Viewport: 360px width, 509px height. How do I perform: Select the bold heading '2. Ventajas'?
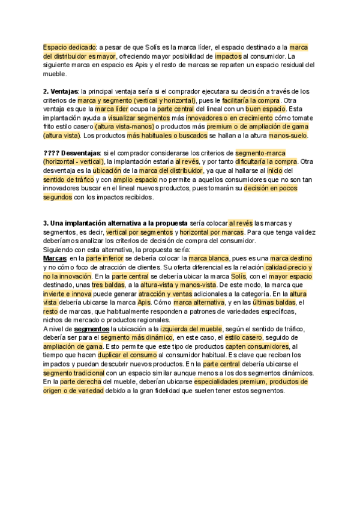tap(61, 91)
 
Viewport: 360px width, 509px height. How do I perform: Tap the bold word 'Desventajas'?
tap(80, 153)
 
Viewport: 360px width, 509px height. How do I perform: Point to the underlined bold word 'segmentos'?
tap(91, 329)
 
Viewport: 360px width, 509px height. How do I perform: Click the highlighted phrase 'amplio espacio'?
tap(136, 179)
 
